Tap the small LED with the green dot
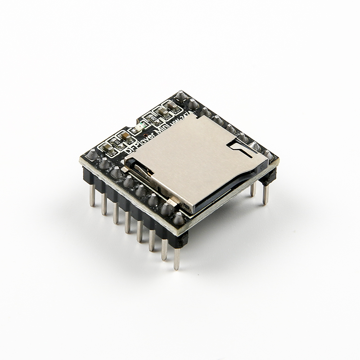coord(141,126)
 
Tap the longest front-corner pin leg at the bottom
coord(177,257)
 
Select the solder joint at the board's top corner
coord(181,96)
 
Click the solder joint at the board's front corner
coord(179,218)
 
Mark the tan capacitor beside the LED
coord(126,137)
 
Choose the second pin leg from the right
coord(253,189)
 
